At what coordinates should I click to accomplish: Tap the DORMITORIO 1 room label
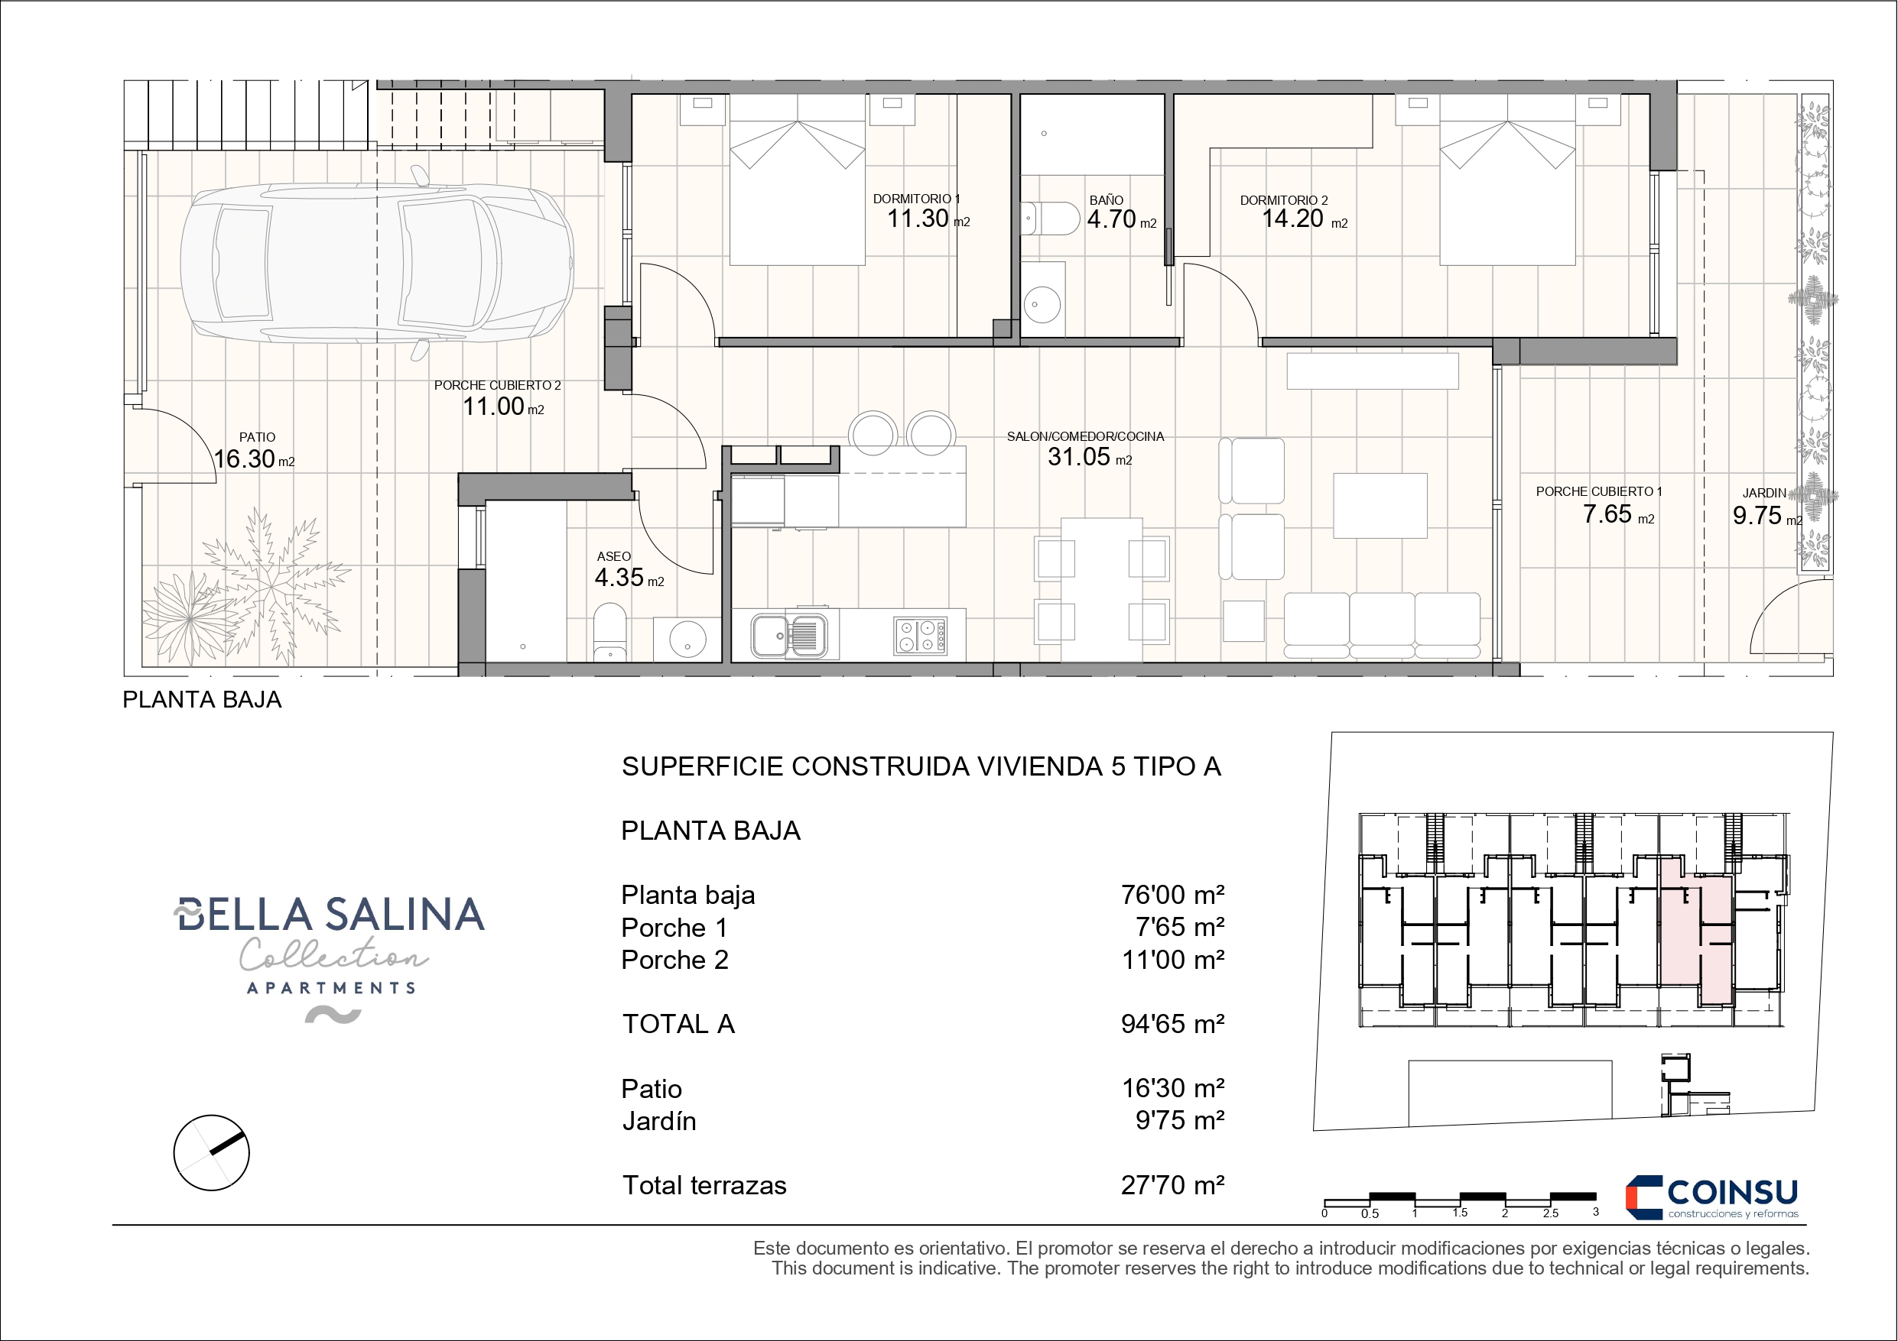(x=916, y=199)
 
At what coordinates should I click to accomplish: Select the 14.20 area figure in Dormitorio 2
(x=1293, y=219)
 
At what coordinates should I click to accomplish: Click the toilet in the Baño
(x=1051, y=219)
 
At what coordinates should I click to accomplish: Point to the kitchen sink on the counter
(x=789, y=636)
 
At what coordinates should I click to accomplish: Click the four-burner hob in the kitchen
(x=919, y=636)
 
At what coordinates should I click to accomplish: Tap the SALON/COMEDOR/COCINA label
(x=1084, y=436)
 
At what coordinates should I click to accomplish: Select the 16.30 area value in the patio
(x=245, y=458)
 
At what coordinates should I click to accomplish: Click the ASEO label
(x=613, y=557)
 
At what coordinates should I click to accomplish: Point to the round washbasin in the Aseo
(x=687, y=639)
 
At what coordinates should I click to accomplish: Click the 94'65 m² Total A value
(x=1172, y=1024)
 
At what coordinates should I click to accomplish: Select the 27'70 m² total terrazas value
(x=1172, y=1185)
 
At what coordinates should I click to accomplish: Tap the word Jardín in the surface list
(x=659, y=1121)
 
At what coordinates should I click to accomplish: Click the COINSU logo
(x=1712, y=1197)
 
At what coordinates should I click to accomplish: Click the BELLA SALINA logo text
(x=330, y=915)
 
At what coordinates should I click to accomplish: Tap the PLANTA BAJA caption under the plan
(x=202, y=700)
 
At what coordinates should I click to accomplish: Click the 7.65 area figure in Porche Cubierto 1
(x=1607, y=514)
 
